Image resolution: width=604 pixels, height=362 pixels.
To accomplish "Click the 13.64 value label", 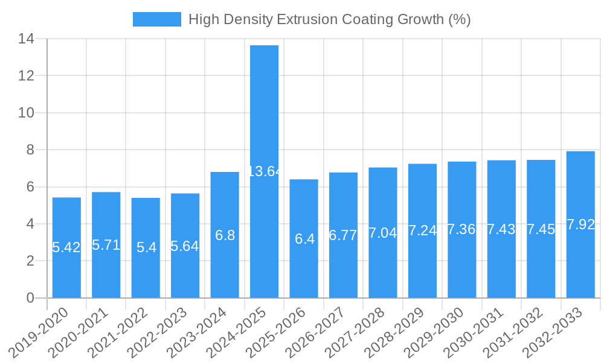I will [x=265, y=171].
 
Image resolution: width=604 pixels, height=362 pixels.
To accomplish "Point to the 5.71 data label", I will [x=106, y=245].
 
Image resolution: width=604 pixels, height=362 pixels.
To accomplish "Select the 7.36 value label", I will [x=461, y=229].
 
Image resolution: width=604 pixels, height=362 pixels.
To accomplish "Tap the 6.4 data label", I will [x=304, y=239].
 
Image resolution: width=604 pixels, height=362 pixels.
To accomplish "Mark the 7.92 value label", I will [x=580, y=225].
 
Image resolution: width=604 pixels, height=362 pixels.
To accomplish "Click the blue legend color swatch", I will [x=156, y=19].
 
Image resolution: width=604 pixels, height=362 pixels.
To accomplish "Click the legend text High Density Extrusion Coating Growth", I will [x=329, y=19].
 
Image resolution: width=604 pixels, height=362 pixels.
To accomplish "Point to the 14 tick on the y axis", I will [x=26, y=39].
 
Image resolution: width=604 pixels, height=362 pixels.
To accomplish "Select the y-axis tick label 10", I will [x=26, y=113].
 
